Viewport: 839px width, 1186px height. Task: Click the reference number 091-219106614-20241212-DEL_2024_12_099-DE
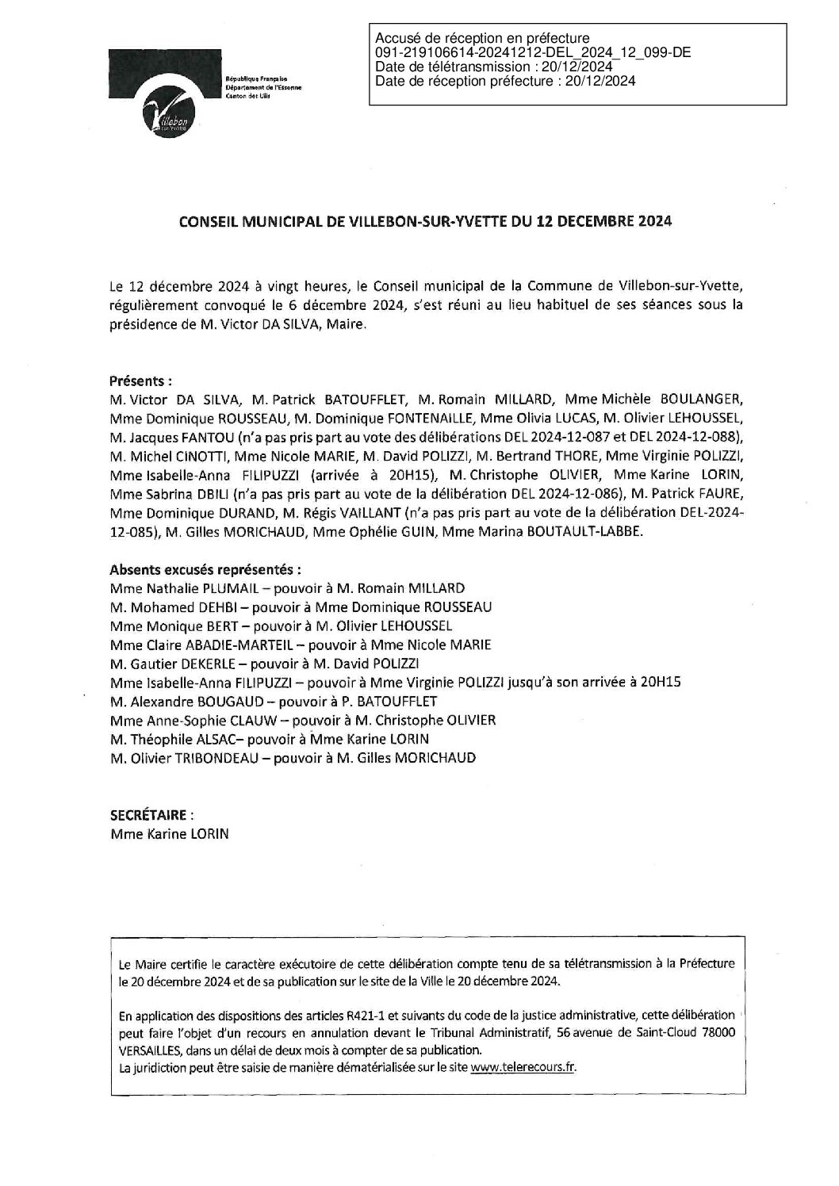click(x=532, y=52)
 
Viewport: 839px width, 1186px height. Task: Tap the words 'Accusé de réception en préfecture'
click(x=482, y=38)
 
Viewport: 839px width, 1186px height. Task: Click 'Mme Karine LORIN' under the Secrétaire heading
click(x=163, y=834)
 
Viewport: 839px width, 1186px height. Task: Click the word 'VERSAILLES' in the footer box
click(x=149, y=1050)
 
